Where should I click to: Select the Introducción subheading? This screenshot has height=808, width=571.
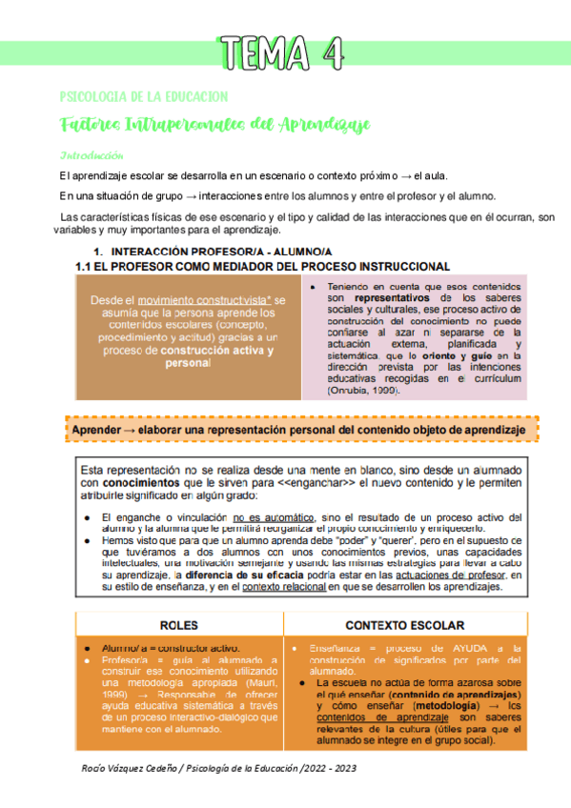[92, 155]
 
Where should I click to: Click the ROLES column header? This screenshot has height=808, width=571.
[178, 626]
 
